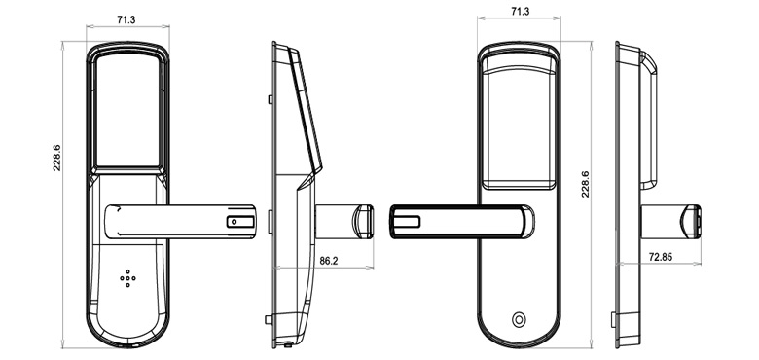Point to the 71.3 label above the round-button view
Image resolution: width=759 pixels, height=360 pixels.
(x=519, y=12)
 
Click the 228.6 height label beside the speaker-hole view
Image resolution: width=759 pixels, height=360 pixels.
(x=56, y=160)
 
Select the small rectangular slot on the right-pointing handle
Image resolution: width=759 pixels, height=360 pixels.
(x=237, y=222)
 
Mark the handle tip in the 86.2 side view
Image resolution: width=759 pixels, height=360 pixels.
(x=364, y=220)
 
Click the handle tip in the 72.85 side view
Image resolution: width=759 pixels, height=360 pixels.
(x=693, y=220)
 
